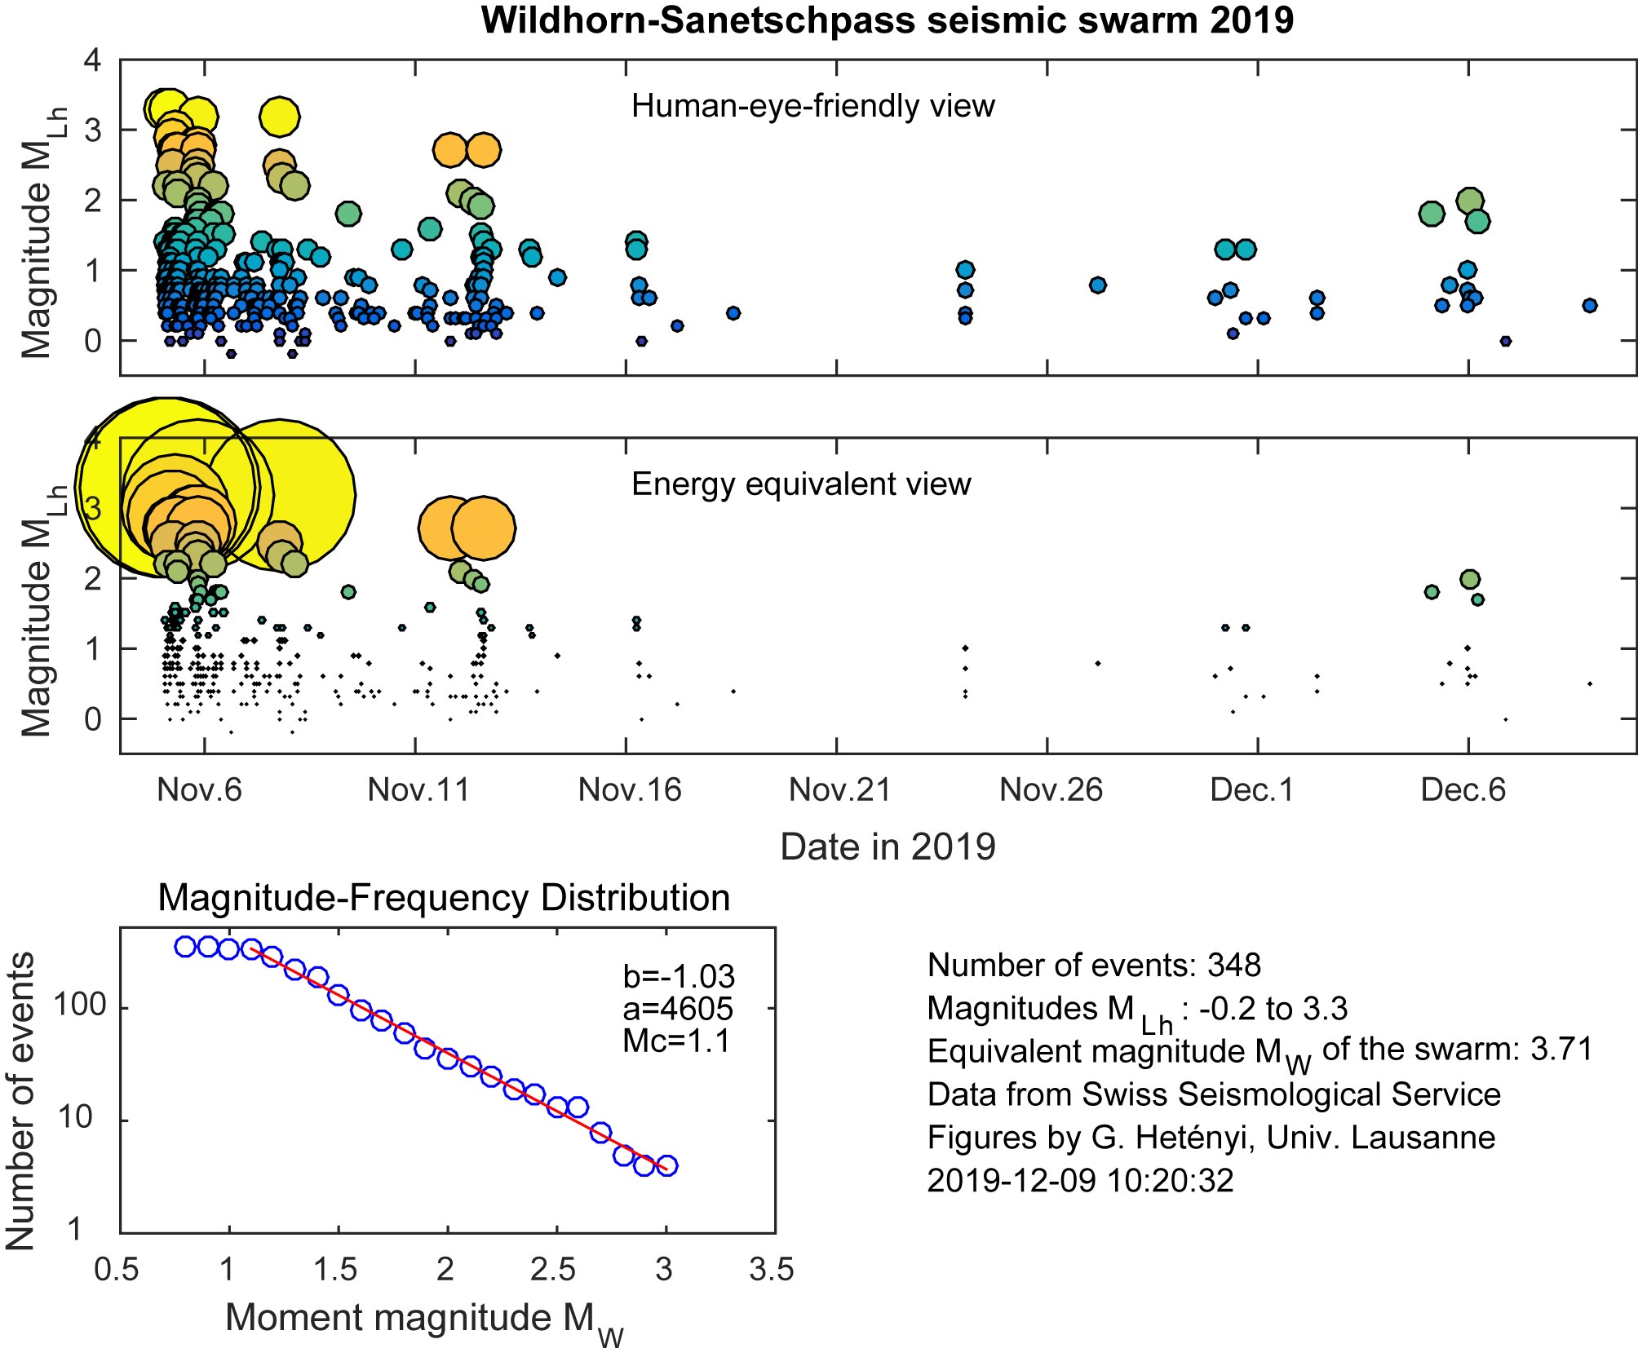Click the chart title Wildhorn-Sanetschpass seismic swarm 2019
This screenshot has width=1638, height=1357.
(887, 20)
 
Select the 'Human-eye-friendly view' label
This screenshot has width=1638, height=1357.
(812, 106)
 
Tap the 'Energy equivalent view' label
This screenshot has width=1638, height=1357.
(801, 484)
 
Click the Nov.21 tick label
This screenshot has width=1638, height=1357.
(839, 789)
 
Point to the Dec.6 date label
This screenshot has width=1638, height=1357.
(1463, 789)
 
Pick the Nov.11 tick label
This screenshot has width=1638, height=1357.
(418, 789)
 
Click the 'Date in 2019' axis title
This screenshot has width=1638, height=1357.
(888, 846)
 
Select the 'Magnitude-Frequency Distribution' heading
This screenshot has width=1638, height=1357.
(444, 898)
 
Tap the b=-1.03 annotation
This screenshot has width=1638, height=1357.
(679, 976)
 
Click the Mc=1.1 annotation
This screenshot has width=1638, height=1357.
(676, 1041)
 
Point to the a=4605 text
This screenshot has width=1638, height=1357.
(678, 1009)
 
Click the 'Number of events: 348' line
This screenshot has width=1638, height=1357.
(1094, 966)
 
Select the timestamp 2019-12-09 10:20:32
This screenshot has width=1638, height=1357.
(1080, 1180)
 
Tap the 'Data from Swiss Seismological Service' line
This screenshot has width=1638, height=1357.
(1214, 1094)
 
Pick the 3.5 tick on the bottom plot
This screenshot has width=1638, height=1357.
(772, 1270)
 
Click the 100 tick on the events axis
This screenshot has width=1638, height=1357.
(80, 1005)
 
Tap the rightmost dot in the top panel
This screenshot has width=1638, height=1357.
(1589, 306)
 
